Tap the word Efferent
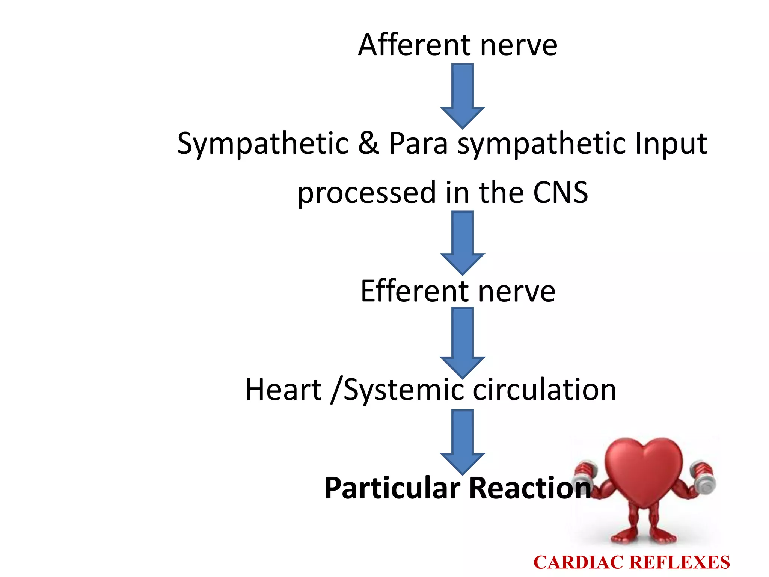[x=415, y=291]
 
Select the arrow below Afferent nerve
[x=462, y=96]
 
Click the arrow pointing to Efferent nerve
[x=462, y=243]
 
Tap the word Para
[x=418, y=143]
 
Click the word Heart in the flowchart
[x=283, y=390]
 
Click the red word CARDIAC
[x=579, y=562]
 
